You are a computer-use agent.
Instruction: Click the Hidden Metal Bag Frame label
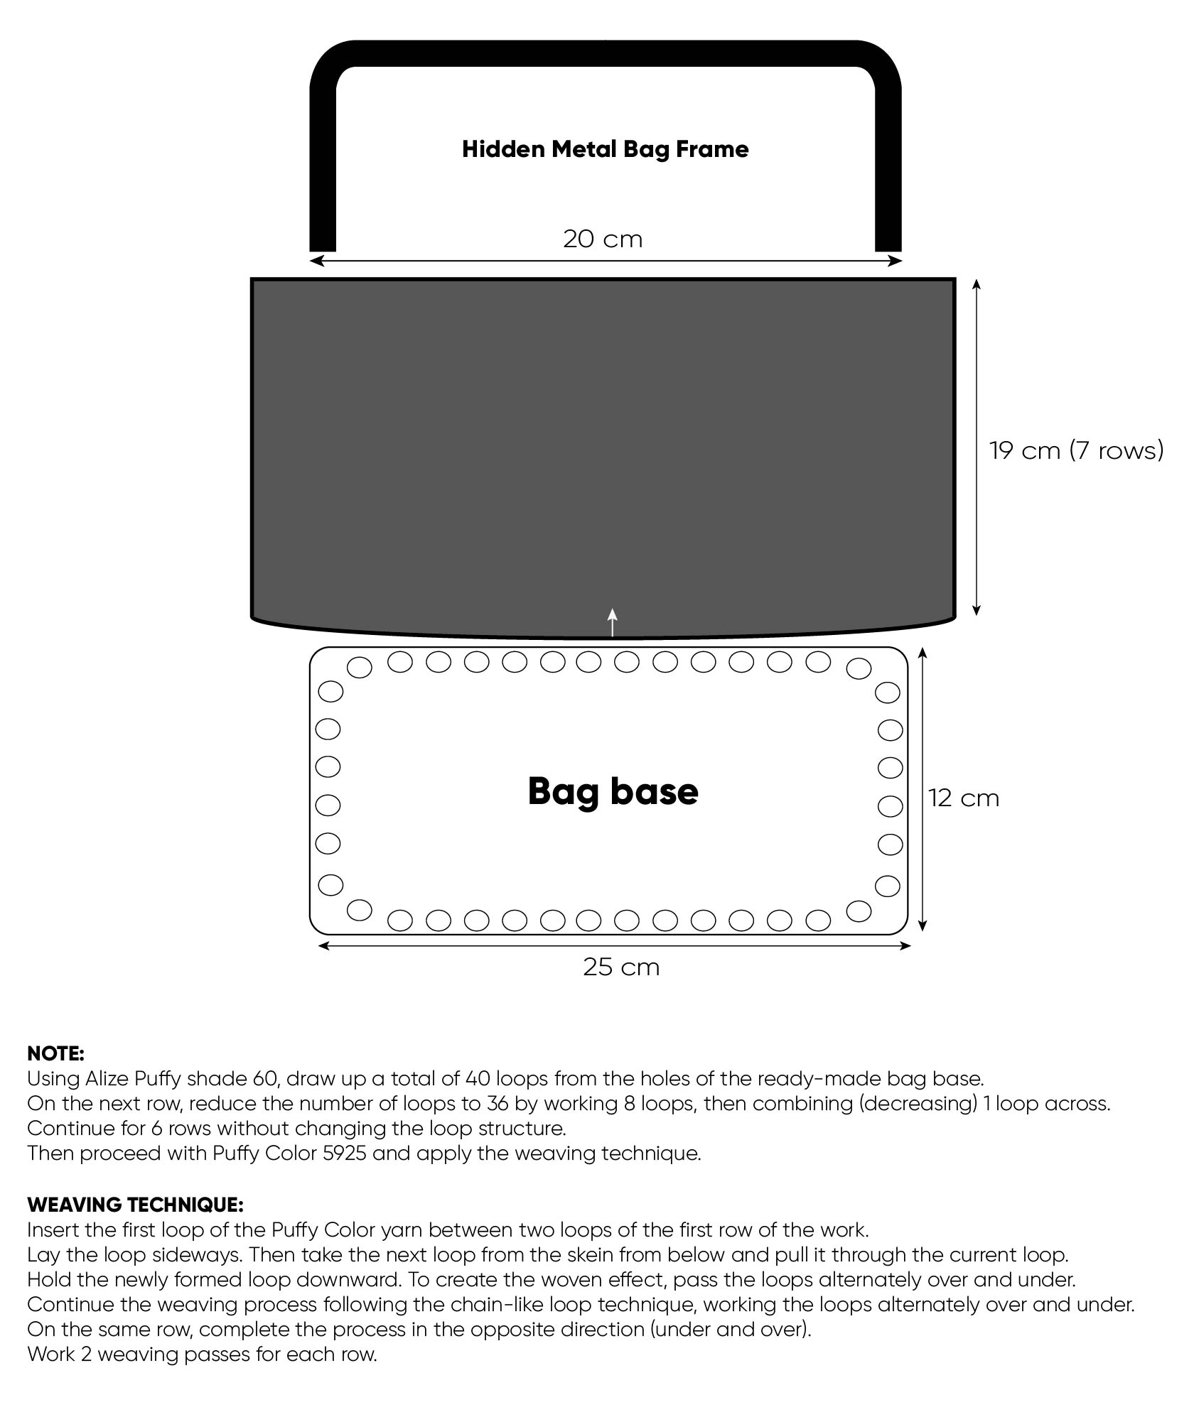[x=605, y=149]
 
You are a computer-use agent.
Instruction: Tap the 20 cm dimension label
[x=603, y=239]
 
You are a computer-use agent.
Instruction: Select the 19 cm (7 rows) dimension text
[x=1077, y=450]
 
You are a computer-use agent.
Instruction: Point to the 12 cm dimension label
[x=964, y=798]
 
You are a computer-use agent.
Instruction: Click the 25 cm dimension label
[x=621, y=967]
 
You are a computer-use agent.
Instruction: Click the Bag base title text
[x=613, y=791]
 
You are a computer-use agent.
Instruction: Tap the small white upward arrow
[x=613, y=622]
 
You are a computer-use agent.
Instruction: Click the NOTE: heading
[x=55, y=1053]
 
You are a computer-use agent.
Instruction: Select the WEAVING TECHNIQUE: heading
[x=135, y=1205]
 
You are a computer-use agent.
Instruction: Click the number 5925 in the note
[x=344, y=1153]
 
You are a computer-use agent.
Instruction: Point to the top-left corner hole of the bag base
[x=359, y=667]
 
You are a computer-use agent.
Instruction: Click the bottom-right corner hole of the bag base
[x=859, y=911]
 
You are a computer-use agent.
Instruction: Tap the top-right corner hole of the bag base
[x=859, y=668]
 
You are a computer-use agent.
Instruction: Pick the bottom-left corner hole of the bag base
[x=360, y=909]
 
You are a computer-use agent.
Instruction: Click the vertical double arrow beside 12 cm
[x=923, y=789]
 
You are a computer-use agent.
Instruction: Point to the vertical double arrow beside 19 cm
[x=977, y=447]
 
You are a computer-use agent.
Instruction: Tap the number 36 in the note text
[x=497, y=1104]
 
